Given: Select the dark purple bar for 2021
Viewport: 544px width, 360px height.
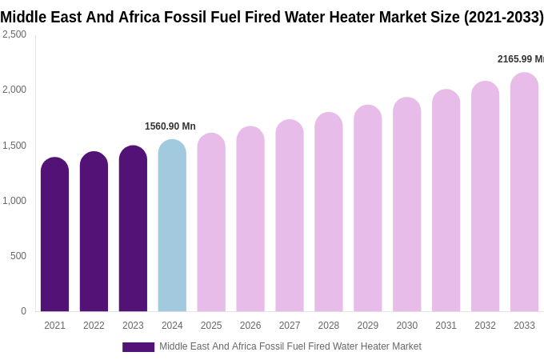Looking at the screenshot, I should pos(54,236).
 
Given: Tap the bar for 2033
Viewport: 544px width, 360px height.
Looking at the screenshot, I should pos(524,194).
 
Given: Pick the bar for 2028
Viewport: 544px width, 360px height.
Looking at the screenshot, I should pos(329,214).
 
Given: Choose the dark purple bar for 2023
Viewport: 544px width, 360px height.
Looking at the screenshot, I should pos(133,230).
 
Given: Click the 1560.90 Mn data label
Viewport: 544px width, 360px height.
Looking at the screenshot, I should pos(170,126).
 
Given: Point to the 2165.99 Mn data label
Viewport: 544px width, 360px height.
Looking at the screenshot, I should pos(520,59).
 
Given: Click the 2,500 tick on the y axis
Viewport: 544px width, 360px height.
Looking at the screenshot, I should pos(14,34).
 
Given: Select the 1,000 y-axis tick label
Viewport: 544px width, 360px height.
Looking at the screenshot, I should pos(14,201).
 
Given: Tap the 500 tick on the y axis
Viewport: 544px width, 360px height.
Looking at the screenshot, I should pos(18,256).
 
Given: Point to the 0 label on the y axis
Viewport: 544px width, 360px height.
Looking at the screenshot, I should pos(23,311).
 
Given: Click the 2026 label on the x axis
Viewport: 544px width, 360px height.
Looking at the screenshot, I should pos(250,326).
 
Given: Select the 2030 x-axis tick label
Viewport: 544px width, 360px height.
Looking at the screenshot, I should pos(406,326).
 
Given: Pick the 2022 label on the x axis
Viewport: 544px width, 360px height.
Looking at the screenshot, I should pos(94,326).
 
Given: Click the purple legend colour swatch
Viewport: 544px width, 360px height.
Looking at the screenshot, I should pos(138,347).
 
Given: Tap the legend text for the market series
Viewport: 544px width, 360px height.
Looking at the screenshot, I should pos(290,346).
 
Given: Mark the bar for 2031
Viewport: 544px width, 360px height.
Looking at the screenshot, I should pos(446,202).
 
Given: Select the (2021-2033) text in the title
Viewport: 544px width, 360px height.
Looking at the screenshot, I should pos(503,17).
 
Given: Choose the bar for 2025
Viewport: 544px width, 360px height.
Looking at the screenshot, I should pos(211,223).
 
